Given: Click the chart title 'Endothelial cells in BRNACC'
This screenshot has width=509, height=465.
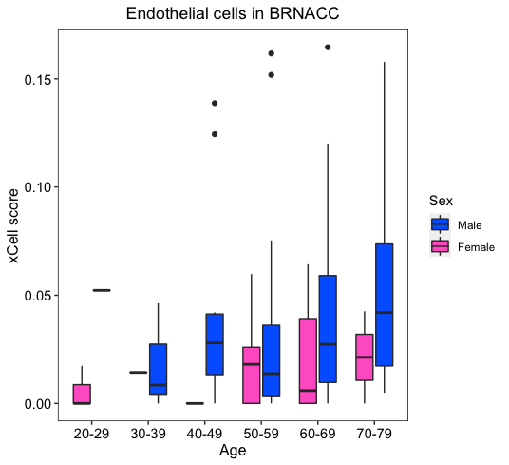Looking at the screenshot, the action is click(x=233, y=13).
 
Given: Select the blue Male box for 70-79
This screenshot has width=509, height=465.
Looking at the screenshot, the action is click(x=385, y=305).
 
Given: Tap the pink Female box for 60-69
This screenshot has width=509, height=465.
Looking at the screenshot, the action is click(x=308, y=360).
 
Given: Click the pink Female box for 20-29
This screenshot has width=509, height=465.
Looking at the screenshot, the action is click(x=82, y=395).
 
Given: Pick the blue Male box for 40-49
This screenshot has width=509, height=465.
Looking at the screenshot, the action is click(x=215, y=344).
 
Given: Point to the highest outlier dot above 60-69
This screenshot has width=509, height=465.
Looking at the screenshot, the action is click(x=328, y=48).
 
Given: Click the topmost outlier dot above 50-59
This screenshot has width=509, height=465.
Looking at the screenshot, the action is click(x=272, y=53).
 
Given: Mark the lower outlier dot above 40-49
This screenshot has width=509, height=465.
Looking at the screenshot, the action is click(x=215, y=134).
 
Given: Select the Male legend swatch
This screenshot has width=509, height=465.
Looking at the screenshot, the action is click(x=441, y=224).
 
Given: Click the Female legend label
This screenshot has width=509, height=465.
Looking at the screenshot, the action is click(x=476, y=247).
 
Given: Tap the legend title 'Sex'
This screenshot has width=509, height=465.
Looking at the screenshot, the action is click(x=441, y=201).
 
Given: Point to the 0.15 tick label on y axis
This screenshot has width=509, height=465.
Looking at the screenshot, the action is click(x=37, y=80).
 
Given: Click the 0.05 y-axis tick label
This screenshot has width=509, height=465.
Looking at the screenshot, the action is click(x=37, y=296).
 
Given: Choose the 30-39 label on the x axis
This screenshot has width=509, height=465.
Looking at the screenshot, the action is click(x=148, y=434).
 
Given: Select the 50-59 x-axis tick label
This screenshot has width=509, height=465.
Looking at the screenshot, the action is click(x=261, y=434).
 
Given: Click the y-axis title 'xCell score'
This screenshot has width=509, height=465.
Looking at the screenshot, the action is click(x=13, y=225).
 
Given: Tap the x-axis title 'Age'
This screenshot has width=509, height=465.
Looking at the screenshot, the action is click(x=233, y=451).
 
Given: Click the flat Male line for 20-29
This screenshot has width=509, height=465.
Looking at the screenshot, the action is click(x=102, y=290).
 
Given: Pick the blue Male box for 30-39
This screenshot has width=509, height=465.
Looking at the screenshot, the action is click(x=158, y=369).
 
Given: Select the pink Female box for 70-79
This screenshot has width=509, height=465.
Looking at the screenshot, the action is click(x=365, y=357).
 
